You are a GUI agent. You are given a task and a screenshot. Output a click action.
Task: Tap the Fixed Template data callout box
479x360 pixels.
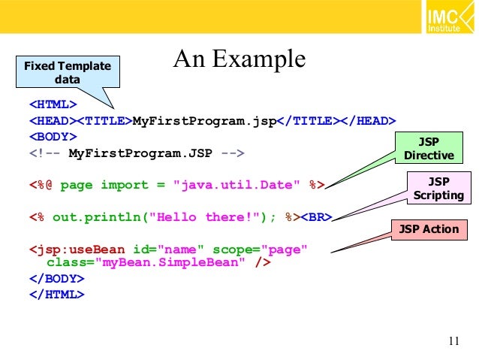67,73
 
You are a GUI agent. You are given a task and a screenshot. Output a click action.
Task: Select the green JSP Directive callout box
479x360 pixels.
429,148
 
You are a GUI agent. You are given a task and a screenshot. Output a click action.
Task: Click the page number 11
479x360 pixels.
452,342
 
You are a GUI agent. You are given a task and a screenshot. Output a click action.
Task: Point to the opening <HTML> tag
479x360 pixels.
52,104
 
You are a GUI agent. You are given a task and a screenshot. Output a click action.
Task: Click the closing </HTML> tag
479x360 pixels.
56,294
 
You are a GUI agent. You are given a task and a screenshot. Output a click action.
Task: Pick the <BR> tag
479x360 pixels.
316,217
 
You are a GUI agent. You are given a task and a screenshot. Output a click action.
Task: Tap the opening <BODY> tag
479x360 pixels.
52,137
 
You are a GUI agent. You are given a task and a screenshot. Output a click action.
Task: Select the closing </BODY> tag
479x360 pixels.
56,278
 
